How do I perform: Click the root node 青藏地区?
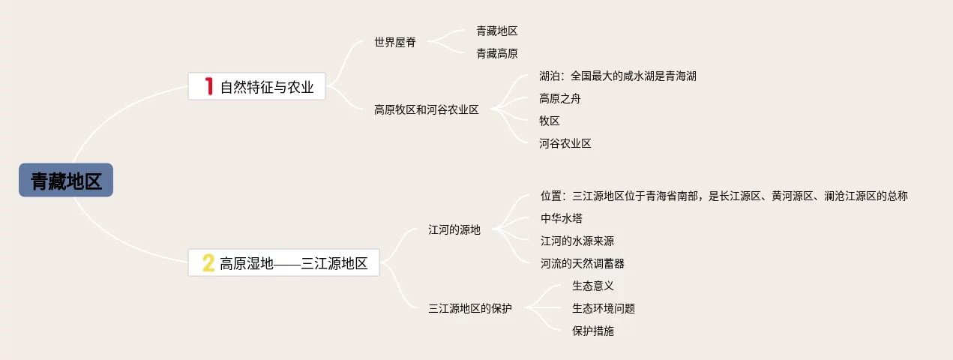[x=66, y=181]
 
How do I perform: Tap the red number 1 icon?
[x=211, y=86]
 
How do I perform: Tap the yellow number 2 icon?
[x=208, y=263]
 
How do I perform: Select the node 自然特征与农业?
[x=267, y=87]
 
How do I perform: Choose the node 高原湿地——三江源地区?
[x=294, y=263]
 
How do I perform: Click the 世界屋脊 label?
[x=395, y=42]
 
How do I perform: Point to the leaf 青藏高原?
[x=497, y=53]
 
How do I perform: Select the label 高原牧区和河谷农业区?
[x=426, y=109]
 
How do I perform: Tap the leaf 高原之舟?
[x=559, y=98]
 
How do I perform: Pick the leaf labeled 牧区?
[x=550, y=121]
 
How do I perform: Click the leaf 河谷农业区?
[x=565, y=143]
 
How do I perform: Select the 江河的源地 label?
[x=454, y=229]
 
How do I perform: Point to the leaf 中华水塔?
[x=562, y=218]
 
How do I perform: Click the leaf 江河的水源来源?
[x=577, y=241]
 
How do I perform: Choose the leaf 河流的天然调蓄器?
[x=583, y=263]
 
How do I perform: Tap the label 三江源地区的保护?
[x=470, y=307]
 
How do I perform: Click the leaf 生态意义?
[x=593, y=286]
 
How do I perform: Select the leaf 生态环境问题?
[x=604, y=308]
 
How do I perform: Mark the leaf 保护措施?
[x=593, y=331]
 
